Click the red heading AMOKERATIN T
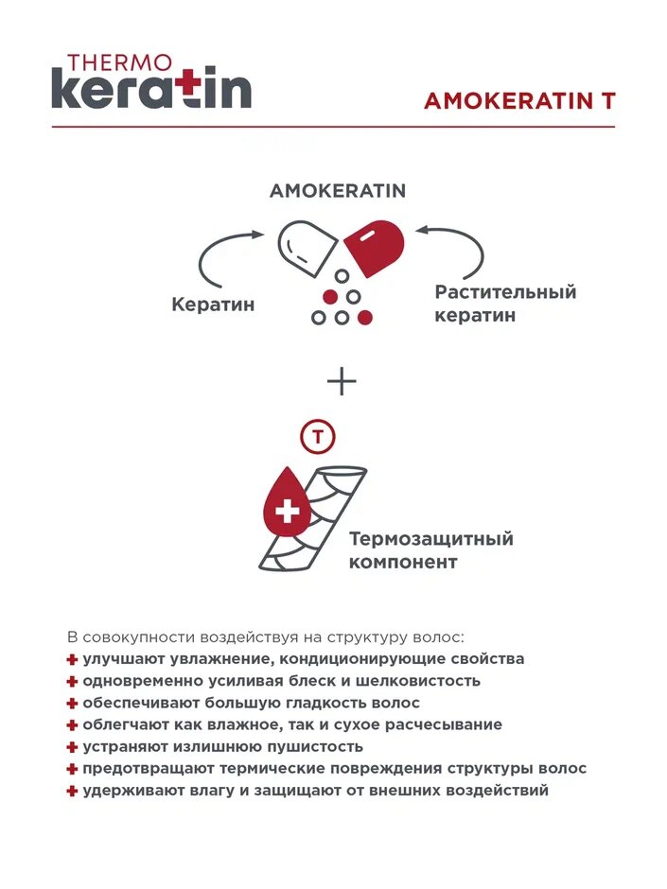[x=519, y=101]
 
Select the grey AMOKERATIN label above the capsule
[x=338, y=191]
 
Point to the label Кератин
[x=214, y=305]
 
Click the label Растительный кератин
[x=505, y=304]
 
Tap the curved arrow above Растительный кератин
[x=457, y=248]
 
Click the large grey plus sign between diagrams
[x=342, y=381]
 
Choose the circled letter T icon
[x=318, y=436]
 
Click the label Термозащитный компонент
[x=431, y=550]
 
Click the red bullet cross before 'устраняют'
[x=72, y=747]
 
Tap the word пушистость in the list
[x=313, y=747]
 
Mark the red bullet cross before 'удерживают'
[x=72, y=792]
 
